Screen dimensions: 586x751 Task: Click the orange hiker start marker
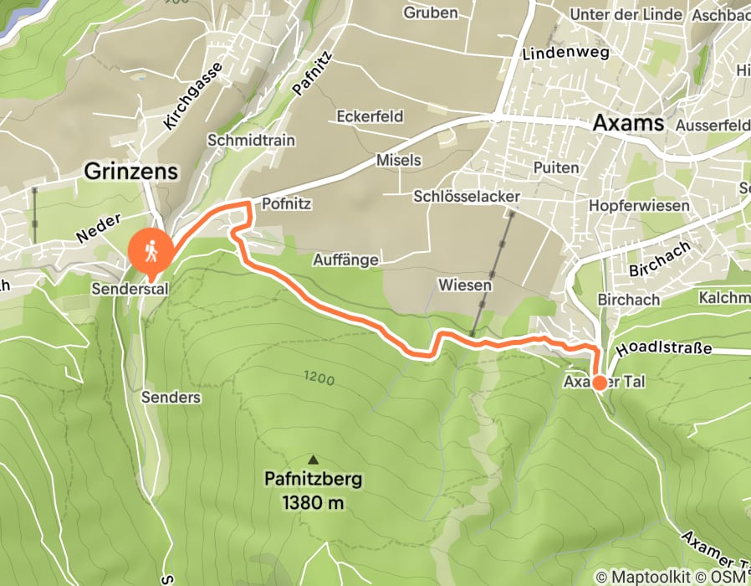pyautogui.click(x=151, y=249)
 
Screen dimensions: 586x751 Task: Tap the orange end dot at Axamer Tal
pyautogui.click(x=600, y=383)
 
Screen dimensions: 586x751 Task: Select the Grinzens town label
pyautogui.click(x=131, y=172)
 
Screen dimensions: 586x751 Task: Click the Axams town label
pyautogui.click(x=627, y=123)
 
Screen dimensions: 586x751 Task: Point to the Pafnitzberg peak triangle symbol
pyautogui.click(x=314, y=459)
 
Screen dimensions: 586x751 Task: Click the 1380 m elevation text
pyautogui.click(x=313, y=503)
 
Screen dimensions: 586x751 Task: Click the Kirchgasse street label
pyautogui.click(x=194, y=96)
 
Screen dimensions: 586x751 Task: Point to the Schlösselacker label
pyautogui.click(x=467, y=196)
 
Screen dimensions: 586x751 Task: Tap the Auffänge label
pyautogui.click(x=346, y=260)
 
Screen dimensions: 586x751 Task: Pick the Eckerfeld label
pyautogui.click(x=370, y=116)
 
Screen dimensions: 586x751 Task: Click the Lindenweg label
pyautogui.click(x=555, y=54)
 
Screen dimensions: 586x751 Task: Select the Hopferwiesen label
pyautogui.click(x=639, y=205)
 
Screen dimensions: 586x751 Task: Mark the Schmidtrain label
pyautogui.click(x=251, y=141)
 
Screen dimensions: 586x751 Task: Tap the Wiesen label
pyautogui.click(x=465, y=285)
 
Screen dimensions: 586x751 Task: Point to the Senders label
pyautogui.click(x=171, y=397)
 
